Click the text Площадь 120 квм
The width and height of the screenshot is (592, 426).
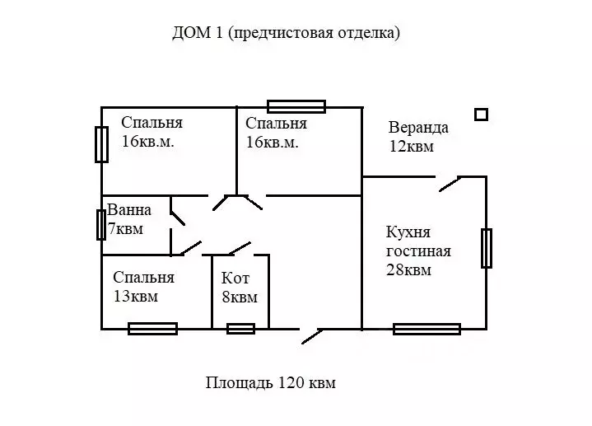[271, 383]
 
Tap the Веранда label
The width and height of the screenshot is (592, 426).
[418, 128]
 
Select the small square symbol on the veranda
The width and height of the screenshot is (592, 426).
[481, 115]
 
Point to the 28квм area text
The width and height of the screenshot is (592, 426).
[408, 269]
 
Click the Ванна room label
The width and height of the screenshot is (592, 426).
[129, 210]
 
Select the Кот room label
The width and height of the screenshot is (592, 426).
[235, 279]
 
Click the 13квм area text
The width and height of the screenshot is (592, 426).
[136, 297]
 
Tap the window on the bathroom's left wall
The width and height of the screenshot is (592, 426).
[100, 224]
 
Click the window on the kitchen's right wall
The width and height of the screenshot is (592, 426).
[486, 248]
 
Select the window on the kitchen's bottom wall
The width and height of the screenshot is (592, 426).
[426, 329]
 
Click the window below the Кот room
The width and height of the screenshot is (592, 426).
[240, 329]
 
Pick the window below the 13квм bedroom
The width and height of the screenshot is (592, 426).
[152, 329]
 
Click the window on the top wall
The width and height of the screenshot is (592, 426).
[296, 106]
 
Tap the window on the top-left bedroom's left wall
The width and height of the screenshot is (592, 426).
[101, 145]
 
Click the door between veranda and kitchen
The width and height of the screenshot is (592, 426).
[450, 183]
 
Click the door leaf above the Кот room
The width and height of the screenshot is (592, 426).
[240, 247]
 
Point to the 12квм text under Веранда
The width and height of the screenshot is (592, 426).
[412, 147]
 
